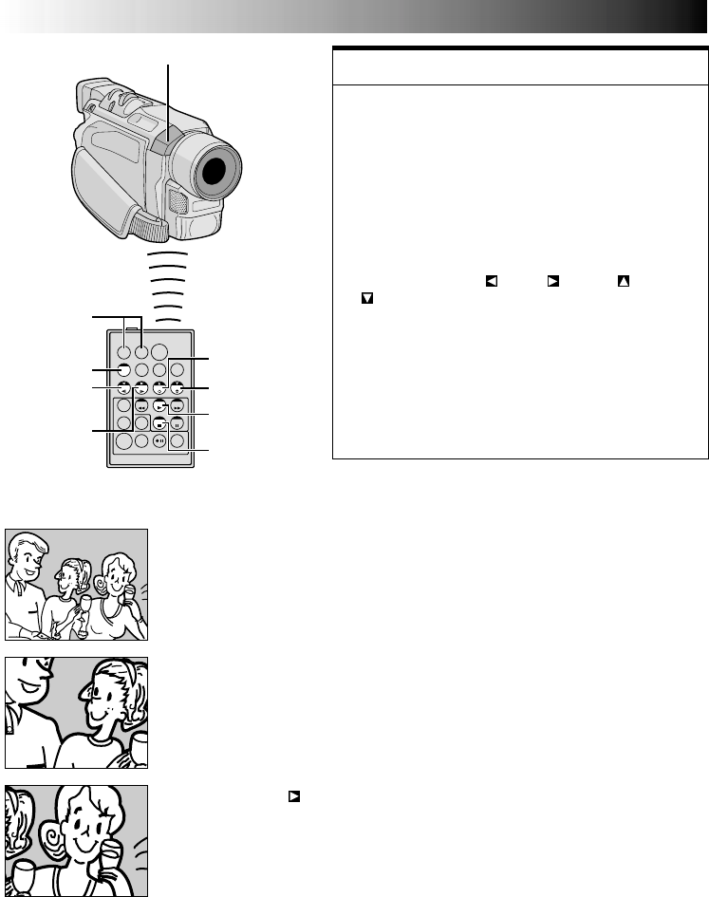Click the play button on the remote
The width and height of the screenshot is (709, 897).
159,405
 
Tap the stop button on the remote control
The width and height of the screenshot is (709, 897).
159,423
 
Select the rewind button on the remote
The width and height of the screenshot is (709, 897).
141,405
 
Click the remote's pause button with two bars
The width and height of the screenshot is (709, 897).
177,423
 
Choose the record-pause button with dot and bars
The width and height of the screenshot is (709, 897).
159,441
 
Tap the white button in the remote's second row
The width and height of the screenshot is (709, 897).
123,369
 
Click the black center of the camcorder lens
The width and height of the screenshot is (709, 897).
215,172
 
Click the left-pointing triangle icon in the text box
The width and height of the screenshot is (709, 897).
491,280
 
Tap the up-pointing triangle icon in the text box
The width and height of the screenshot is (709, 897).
623,280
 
